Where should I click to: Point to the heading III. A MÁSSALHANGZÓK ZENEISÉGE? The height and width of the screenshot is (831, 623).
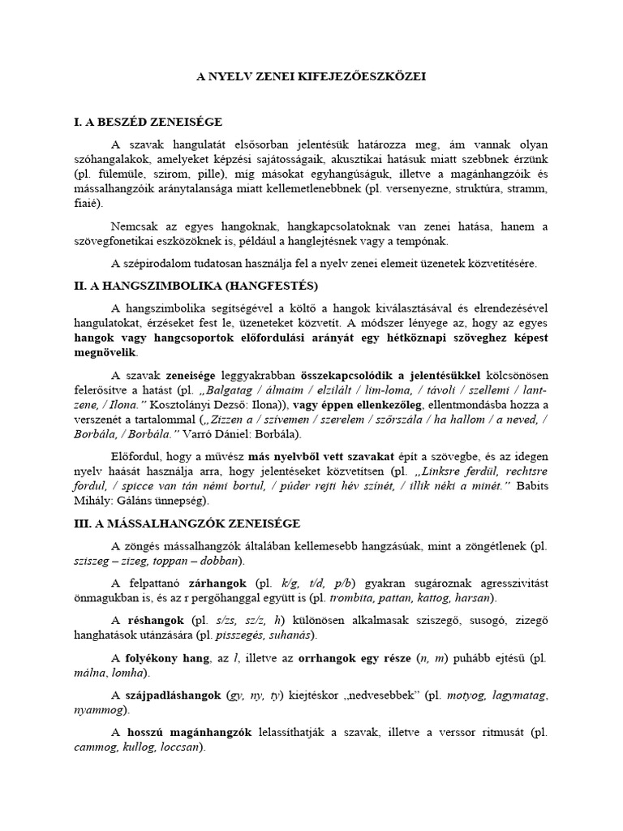[x=201, y=525]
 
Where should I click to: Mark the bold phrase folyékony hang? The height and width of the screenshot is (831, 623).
[x=163, y=658]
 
